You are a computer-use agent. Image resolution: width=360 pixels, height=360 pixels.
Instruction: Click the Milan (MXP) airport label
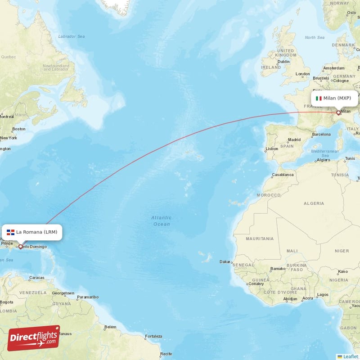[x=337, y=98]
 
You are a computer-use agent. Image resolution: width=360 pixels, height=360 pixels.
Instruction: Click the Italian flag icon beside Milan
[x=319, y=98]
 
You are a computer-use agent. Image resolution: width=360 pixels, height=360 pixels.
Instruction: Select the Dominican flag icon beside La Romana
[x=10, y=232]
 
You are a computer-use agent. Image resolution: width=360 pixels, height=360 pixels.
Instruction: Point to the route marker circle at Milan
[x=338, y=112]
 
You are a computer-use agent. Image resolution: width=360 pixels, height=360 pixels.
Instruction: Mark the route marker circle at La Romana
[x=20, y=246]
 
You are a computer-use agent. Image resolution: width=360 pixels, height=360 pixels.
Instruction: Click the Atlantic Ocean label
[x=161, y=221]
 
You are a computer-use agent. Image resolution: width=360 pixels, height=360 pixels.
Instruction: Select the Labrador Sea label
[x=72, y=36]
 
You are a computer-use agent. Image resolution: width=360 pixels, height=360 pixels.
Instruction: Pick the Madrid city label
[x=294, y=140]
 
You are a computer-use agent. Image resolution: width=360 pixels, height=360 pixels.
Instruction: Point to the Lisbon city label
[x=272, y=148]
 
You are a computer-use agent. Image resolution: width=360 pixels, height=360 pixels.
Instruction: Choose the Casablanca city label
[x=283, y=174]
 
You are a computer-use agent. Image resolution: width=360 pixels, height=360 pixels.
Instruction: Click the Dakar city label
[x=225, y=261]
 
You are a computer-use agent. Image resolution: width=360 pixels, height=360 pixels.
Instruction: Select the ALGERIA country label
[x=314, y=203]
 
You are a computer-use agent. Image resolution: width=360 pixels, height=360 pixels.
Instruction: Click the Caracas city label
[x=36, y=278]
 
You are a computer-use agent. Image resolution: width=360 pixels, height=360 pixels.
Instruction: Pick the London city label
[x=302, y=74]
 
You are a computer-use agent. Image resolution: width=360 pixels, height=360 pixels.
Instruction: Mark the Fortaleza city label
[x=153, y=337]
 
